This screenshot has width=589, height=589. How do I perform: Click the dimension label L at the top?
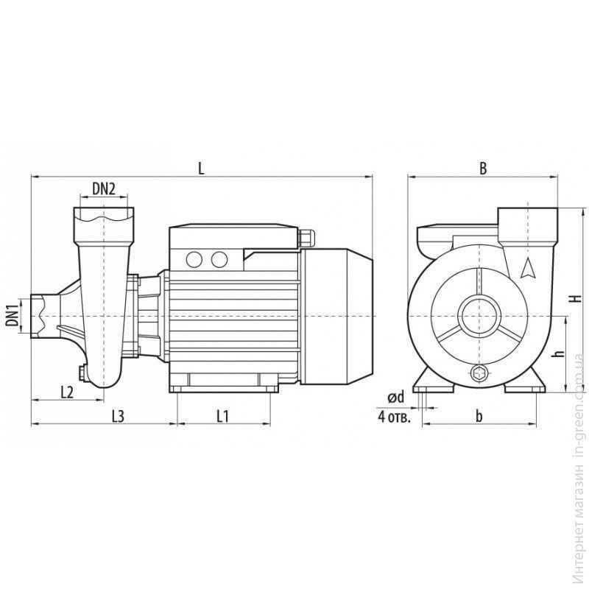[201, 169]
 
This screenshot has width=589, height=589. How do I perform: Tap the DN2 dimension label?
[104, 189]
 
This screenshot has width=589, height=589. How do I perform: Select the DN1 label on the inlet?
[13, 316]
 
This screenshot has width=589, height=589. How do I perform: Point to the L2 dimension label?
[67, 392]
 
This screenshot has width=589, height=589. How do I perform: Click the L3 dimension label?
[118, 416]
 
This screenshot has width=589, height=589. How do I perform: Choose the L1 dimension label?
[222, 416]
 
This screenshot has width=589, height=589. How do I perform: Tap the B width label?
[483, 169]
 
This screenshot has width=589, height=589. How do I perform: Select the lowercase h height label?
[560, 354]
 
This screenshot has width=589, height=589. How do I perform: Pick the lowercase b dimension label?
[479, 416]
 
